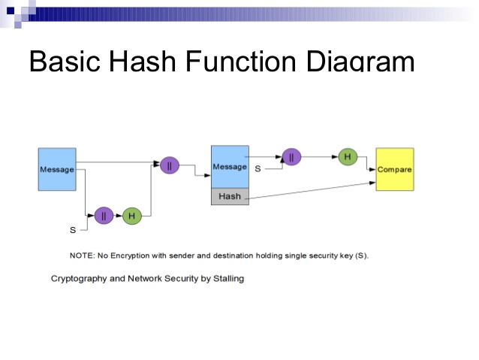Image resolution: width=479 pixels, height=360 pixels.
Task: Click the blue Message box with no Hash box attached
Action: coord(57,169)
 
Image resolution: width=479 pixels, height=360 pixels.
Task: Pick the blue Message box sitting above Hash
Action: coord(230,166)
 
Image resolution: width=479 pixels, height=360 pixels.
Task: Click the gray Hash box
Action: coord(230,197)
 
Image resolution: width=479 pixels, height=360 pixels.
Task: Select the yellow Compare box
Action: coord(394,169)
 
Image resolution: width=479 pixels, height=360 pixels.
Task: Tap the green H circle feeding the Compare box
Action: coord(347,156)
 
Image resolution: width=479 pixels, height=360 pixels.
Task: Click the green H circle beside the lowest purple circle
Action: coord(131,216)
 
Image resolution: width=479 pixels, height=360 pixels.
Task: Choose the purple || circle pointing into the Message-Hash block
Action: coord(170,165)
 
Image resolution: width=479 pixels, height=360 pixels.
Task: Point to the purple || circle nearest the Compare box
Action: coord(291,157)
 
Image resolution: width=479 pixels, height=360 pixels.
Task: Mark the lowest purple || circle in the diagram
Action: coord(104,216)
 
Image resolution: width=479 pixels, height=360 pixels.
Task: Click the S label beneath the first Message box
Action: coord(73,230)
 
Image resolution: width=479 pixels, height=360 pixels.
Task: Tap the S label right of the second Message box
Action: coord(258,169)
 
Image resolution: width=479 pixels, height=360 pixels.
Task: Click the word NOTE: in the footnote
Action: coord(83,256)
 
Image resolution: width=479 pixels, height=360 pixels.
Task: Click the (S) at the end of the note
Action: coord(362,256)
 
